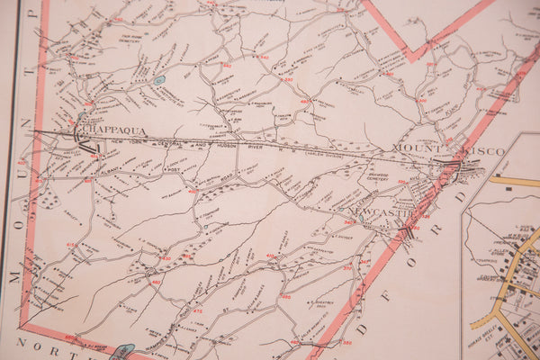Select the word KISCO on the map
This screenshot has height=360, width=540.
click(485, 151)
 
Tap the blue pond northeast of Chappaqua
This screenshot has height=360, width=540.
click(159, 80)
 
